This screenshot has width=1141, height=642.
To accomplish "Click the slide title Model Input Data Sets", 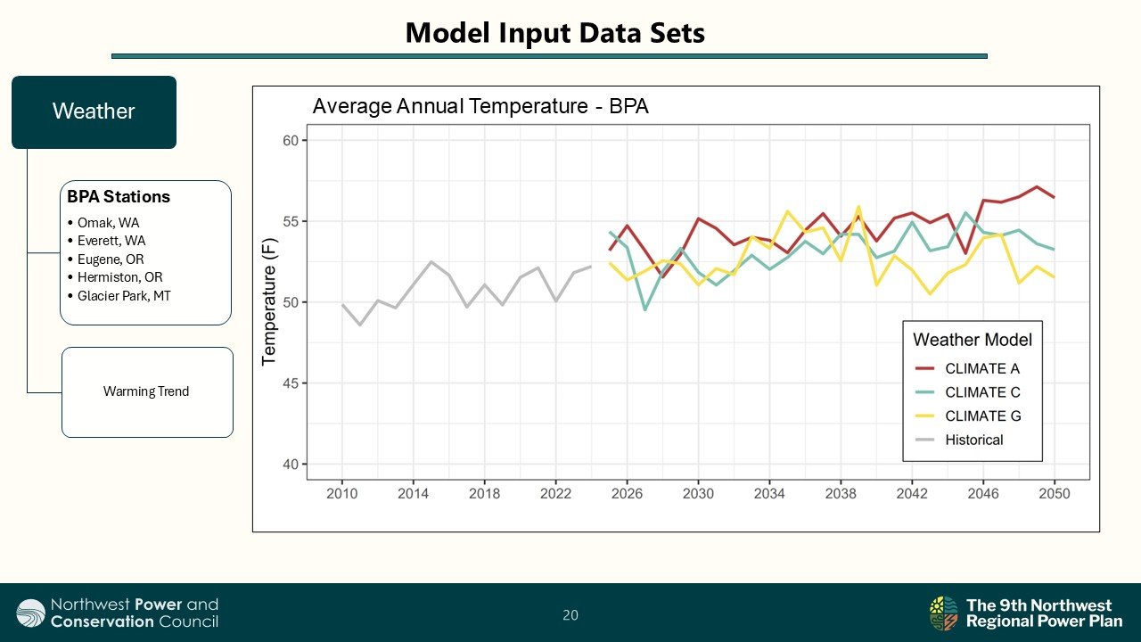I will pos(554,33).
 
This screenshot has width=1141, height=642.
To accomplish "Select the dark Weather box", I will pos(94,111).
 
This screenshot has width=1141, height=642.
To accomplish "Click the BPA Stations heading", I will pos(119,197).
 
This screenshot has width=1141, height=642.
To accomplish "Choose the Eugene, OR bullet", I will pos(110,259).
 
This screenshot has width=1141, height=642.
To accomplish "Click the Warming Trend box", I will pos(146,391).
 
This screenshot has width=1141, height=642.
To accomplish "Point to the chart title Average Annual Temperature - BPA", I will pos(480,107).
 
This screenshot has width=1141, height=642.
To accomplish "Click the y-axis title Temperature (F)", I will pos(268,302).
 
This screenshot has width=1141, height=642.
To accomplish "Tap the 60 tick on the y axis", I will pos(291,140).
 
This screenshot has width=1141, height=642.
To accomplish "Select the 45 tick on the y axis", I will pos(291,383).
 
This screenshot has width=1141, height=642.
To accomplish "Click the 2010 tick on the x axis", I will pos(341,493).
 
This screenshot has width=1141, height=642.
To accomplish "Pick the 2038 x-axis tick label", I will pos(840,493).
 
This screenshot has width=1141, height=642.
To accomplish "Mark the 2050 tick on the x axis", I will pos(1054,493).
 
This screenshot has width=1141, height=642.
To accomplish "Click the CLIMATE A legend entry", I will pos(981,368).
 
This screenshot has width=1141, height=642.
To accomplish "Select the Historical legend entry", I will pos(973,440).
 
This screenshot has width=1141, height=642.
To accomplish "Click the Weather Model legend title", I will pos(973,340).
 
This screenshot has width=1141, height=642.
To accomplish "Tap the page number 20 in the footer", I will pos(570,614).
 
